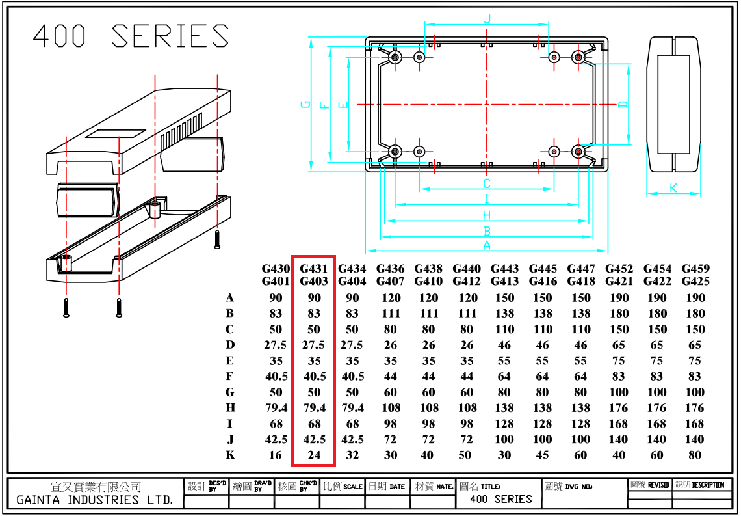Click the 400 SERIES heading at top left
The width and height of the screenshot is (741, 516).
click(131, 36)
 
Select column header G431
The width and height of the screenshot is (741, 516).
click(314, 269)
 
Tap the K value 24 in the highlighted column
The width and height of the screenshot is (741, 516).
click(314, 455)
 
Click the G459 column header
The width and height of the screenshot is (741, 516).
click(695, 269)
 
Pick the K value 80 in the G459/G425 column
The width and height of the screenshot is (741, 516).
click(695, 455)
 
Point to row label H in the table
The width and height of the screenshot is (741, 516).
click(230, 408)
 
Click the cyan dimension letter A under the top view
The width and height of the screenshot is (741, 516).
click(486, 245)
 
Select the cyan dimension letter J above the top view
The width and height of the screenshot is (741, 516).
click(486, 19)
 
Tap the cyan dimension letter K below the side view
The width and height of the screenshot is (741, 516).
click(673, 188)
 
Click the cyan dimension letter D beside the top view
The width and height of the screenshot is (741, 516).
click(623, 104)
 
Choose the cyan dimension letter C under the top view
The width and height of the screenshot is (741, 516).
click(486, 184)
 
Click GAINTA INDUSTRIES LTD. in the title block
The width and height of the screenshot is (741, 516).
click(95, 500)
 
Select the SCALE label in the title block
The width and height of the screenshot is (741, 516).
click(353, 487)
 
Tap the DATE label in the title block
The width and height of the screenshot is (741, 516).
click(397, 487)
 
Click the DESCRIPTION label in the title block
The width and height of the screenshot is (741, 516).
click(708, 485)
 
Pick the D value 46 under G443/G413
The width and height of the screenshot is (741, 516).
click(504, 346)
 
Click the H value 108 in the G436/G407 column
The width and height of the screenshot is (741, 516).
click(390, 408)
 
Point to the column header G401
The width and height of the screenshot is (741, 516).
click(276, 282)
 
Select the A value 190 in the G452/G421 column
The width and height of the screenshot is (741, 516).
click(619, 298)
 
